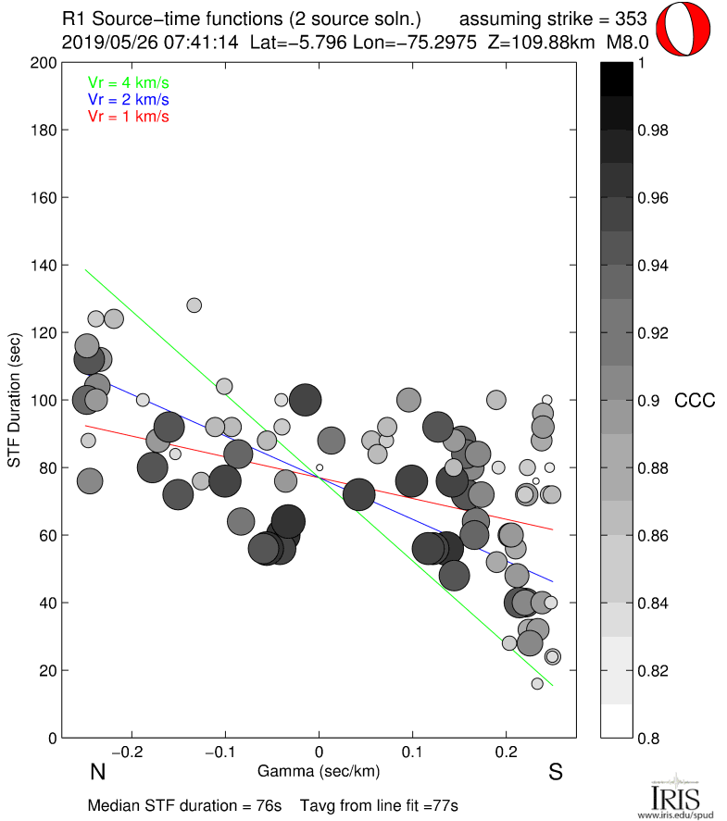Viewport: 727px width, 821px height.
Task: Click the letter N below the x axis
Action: (96, 773)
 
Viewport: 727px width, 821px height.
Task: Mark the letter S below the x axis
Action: (556, 773)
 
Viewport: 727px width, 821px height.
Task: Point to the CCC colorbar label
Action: (694, 401)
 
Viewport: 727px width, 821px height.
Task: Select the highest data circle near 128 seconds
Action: (194, 305)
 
